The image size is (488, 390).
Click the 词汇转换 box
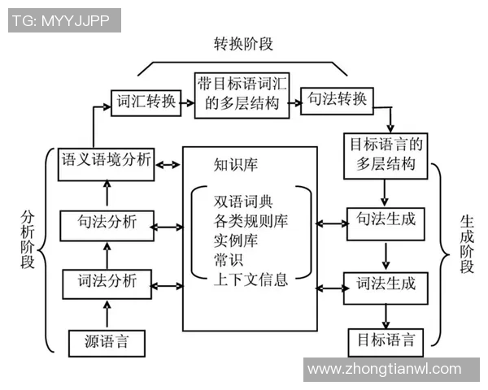pos(145,102)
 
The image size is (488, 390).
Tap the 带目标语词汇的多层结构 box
pos(242,94)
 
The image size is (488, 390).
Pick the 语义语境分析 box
pos(107,160)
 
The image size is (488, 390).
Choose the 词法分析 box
pos(107,284)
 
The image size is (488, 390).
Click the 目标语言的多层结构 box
pos(386,154)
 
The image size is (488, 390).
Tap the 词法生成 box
pos(386,284)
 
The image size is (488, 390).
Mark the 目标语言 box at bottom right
pos(386,339)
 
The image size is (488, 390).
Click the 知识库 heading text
pos(235,165)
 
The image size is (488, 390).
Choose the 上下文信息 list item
pos(251,281)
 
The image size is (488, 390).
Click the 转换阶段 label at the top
pos(243,43)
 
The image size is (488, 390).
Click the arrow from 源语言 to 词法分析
pos(107,314)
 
